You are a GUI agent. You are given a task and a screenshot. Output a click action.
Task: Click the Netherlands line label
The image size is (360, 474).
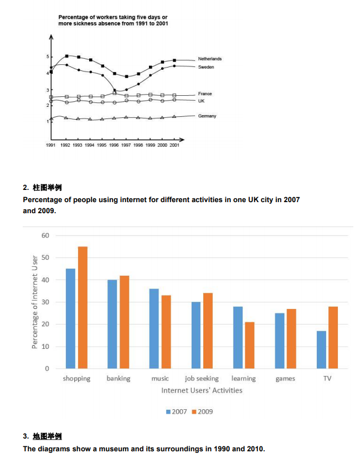pyautogui.click(x=209, y=59)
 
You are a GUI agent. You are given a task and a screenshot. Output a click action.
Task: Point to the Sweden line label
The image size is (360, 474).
pyautogui.click(x=206, y=67)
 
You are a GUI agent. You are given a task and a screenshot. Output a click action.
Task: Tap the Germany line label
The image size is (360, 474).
pyautogui.click(x=207, y=116)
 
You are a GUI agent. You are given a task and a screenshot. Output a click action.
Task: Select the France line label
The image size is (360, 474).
pyautogui.click(x=205, y=94)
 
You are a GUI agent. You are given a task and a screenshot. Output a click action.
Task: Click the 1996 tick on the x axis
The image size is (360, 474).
pyautogui.click(x=114, y=145)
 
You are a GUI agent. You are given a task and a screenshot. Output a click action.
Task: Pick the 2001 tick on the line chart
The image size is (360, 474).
pyautogui.click(x=174, y=145)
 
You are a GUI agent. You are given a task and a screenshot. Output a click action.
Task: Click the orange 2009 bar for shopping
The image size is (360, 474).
pyautogui.click(x=83, y=307)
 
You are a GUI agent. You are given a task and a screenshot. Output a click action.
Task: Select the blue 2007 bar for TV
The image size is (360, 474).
pyautogui.click(x=321, y=349)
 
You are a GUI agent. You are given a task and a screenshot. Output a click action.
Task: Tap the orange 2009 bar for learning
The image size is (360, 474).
pyautogui.click(x=249, y=345)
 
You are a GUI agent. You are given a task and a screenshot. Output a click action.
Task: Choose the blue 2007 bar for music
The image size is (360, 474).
pyautogui.click(x=154, y=328)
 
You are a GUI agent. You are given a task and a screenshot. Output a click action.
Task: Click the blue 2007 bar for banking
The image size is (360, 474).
pyautogui.click(x=112, y=324)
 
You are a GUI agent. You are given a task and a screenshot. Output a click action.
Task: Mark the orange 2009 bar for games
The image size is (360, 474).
pyautogui.click(x=291, y=338)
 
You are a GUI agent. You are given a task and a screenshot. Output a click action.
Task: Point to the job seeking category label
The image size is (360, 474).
pyautogui.click(x=202, y=379)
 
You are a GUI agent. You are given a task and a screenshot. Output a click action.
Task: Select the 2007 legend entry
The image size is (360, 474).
pyautogui.click(x=176, y=411)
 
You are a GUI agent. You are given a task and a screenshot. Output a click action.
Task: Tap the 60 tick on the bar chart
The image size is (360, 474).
pyautogui.click(x=45, y=235)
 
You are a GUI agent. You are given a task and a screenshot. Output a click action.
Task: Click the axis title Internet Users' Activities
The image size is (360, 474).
pyautogui.click(x=202, y=390)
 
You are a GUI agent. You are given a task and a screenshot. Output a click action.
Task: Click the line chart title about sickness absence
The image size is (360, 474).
pyautogui.click(x=113, y=20)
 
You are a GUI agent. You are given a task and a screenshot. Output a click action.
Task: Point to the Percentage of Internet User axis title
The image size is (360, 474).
pyautogui.click(x=35, y=302)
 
